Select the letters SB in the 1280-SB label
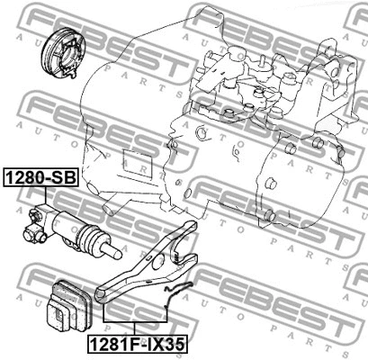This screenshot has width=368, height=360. (x=65, y=177)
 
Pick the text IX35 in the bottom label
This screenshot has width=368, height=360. (x=158, y=342)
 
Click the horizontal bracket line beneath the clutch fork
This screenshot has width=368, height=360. (x=135, y=321)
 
